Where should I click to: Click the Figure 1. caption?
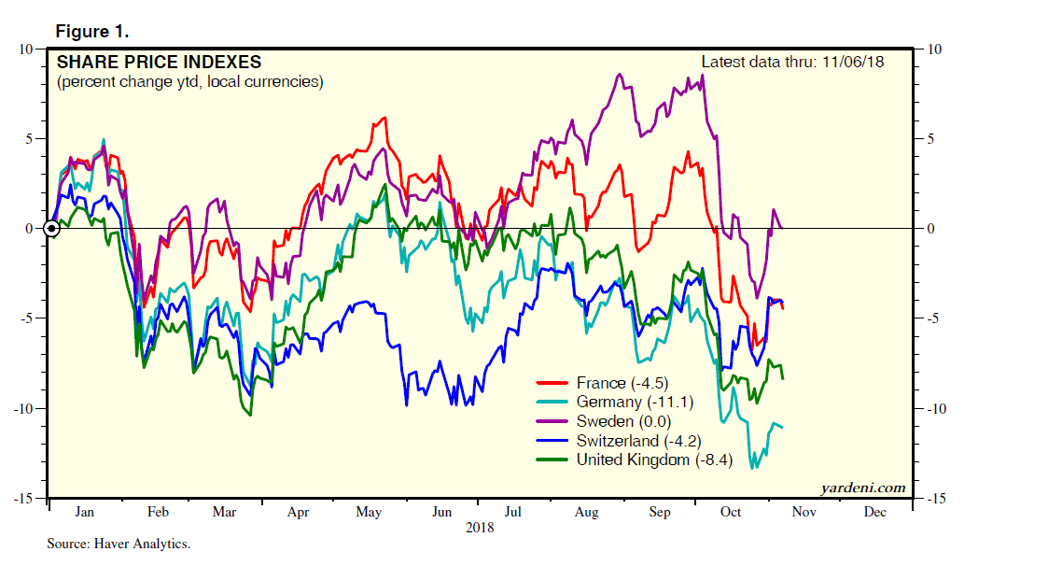pyautogui.click(x=92, y=31)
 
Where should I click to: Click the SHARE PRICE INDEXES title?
pyautogui.click(x=159, y=63)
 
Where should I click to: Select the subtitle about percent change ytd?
pyautogui.click(x=189, y=82)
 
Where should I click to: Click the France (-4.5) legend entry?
pyautogui.click(x=621, y=383)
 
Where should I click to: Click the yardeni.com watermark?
pyautogui.click(x=862, y=488)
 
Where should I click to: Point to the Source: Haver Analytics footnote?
pyautogui.click(x=119, y=543)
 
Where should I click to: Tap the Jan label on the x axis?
pyautogui.click(x=84, y=513)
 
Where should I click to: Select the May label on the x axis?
pyautogui.click(x=369, y=513)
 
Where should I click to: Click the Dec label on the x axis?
pyautogui.click(x=874, y=513)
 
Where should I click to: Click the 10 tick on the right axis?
pyautogui.click(x=933, y=49)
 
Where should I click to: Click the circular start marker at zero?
pyautogui.click(x=53, y=227)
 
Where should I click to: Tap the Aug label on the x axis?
pyautogui.click(x=586, y=513)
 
